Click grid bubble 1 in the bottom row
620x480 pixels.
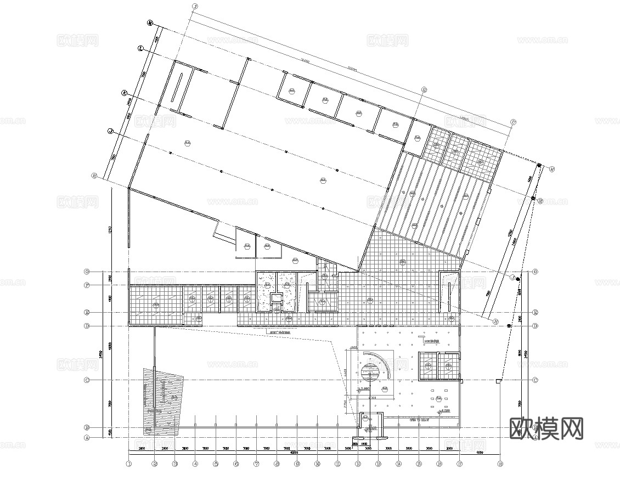pos(129,464)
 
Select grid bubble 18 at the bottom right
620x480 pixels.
pos(500,464)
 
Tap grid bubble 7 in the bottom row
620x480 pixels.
pos(256,464)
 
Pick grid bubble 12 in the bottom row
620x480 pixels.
pos(358,464)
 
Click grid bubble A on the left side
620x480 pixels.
pos(86,438)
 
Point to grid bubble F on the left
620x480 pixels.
pos(86,285)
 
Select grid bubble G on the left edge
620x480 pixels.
pos(86,272)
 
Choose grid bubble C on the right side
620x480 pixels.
pos(535,380)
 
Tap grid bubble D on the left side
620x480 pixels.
pos(86,326)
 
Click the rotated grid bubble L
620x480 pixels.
pos(140,49)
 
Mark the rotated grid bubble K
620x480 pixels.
pos(125,93)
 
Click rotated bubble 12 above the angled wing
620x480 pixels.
pos(424,89)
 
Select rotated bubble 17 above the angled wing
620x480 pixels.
pos(513,122)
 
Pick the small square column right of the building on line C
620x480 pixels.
pos(499,381)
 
